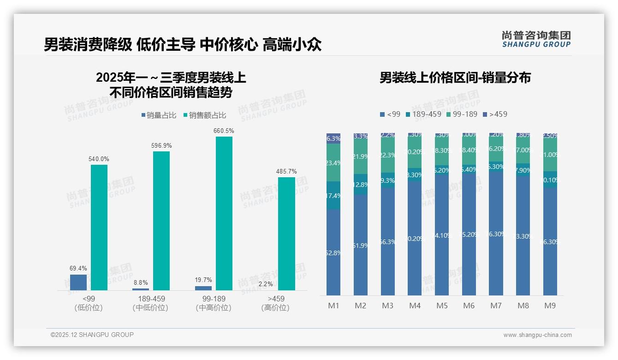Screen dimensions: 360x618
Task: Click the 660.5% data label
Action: point(224,131)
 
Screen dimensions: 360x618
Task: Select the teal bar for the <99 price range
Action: point(99,227)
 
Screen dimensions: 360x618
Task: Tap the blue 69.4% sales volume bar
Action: point(78,282)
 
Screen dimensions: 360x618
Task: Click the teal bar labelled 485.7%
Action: point(286,234)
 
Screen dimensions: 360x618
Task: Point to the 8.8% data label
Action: point(140,282)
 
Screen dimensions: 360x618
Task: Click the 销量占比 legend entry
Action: point(159,115)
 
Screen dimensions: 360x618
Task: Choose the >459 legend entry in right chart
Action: point(495,114)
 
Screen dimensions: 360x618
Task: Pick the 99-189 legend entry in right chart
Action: point(461,114)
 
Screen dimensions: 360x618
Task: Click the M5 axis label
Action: point(442,306)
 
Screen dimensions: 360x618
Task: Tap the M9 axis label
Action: point(550,306)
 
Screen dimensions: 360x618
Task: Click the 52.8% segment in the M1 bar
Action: point(333,252)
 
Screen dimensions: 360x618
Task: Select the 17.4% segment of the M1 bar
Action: point(333,196)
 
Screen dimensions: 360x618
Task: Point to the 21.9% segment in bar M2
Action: point(360,156)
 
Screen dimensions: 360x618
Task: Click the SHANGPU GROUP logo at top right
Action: point(536,39)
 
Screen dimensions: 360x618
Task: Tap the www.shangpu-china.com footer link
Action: point(537,335)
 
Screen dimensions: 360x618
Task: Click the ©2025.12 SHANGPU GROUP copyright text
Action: point(92,335)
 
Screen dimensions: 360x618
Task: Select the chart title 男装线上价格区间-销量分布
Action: point(455,78)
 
